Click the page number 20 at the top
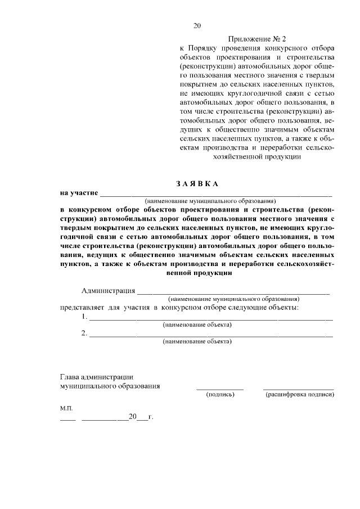196,25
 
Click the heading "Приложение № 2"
257,39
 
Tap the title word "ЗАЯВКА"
196,184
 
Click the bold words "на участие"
79,193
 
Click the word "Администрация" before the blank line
108,291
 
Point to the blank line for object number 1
211,319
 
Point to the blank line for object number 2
211,336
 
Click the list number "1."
84,317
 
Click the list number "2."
84,333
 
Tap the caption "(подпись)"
220,395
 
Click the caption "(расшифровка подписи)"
299,395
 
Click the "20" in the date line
132,417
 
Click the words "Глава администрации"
96,377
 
